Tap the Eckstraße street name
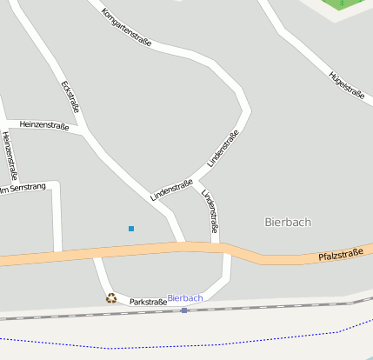71,97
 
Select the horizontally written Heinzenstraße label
43,125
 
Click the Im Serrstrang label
22,188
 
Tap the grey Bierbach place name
288,222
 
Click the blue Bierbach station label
185,298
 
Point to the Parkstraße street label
148,302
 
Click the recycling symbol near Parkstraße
111,297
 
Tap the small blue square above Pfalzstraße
131,229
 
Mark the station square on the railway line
184,310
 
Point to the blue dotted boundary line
217,343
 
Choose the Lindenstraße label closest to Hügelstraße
223,149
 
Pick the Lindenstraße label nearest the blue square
171,190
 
